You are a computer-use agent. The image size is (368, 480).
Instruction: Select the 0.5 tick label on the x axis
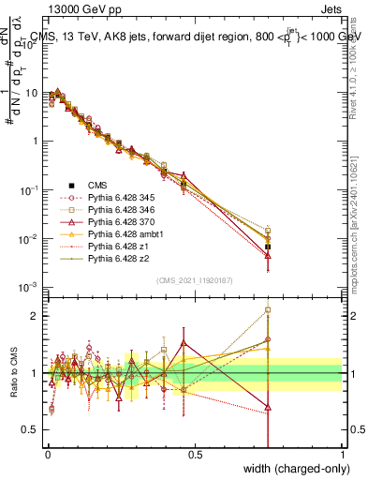point(194,455)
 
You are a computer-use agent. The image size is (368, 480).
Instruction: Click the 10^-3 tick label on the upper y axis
point(27,287)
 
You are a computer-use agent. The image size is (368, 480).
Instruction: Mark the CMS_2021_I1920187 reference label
point(194,279)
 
